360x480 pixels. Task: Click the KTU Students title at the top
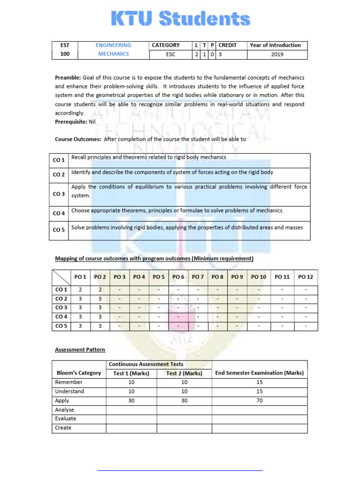pyautogui.click(x=180, y=19)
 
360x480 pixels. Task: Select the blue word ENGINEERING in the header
pyautogui.click(x=113, y=45)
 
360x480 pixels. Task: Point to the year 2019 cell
pyautogui.click(x=277, y=54)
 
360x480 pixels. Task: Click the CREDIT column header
pyautogui.click(x=227, y=45)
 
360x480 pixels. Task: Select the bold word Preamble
pyautogui.click(x=68, y=77)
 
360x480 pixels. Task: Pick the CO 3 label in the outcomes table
pyautogui.click(x=59, y=194)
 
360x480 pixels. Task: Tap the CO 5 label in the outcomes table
pyautogui.click(x=59, y=230)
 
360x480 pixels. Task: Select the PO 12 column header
pyautogui.click(x=306, y=277)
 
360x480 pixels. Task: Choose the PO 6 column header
pyautogui.click(x=178, y=277)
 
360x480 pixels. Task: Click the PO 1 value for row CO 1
pyautogui.click(x=80, y=290)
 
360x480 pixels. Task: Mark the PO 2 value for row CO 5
pyautogui.click(x=100, y=326)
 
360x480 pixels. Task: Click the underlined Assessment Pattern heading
pyautogui.click(x=80, y=350)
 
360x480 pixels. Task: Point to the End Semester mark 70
pyautogui.click(x=260, y=401)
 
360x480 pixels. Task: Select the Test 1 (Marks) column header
pyautogui.click(x=131, y=373)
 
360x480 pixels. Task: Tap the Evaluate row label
pyautogui.click(x=66, y=419)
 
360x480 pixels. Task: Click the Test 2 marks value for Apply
pyautogui.click(x=184, y=401)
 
